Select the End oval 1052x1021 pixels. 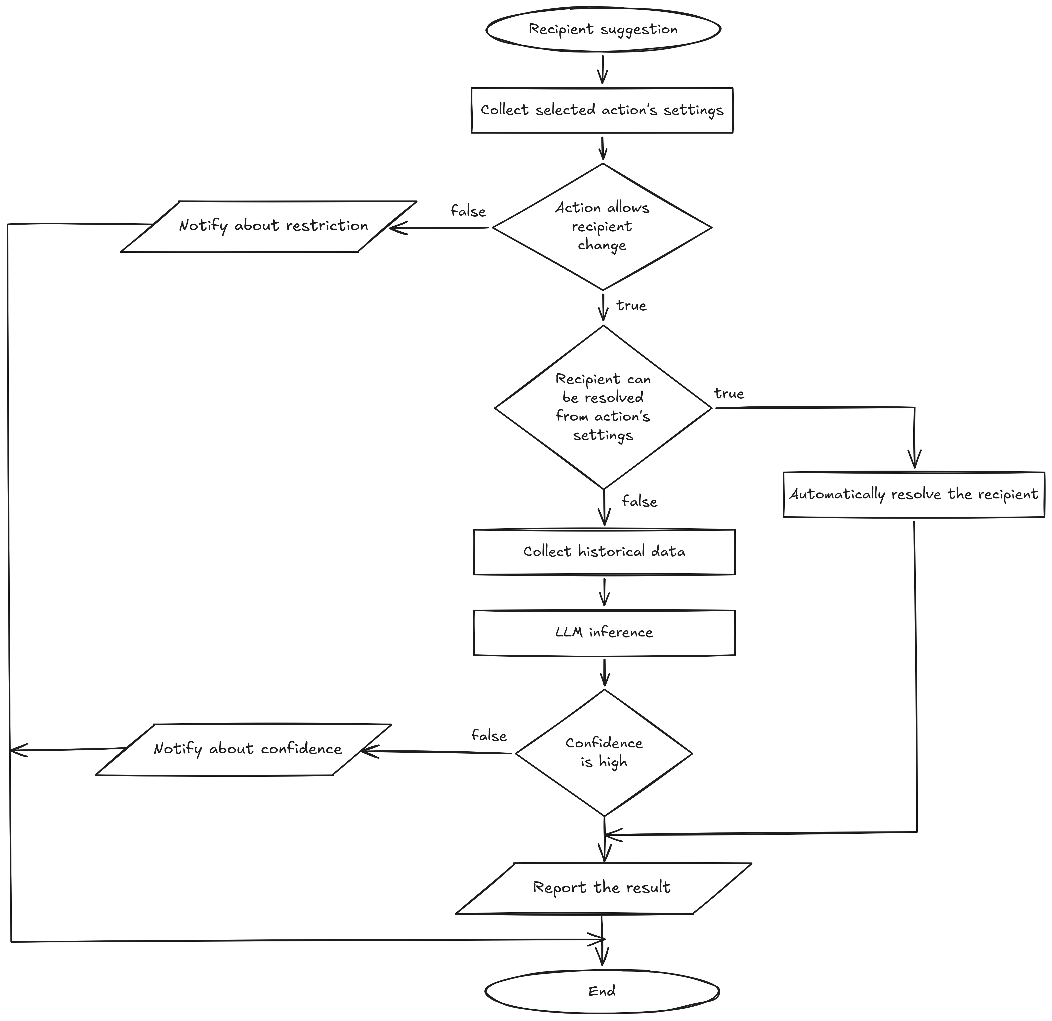click(x=602, y=991)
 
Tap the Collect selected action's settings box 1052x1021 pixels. click(x=602, y=110)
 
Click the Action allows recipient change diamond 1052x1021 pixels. click(x=602, y=227)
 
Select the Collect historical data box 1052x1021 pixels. click(x=604, y=552)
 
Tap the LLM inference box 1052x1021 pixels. click(x=604, y=632)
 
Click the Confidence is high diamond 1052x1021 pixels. click(x=604, y=753)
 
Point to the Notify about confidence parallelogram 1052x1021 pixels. click(x=243, y=749)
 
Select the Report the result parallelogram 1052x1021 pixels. click(x=603, y=888)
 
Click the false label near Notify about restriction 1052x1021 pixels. click(x=468, y=211)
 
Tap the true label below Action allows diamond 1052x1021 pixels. click(x=631, y=305)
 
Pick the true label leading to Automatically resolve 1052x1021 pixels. click(x=729, y=393)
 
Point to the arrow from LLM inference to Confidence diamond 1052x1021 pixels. click(x=604, y=672)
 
